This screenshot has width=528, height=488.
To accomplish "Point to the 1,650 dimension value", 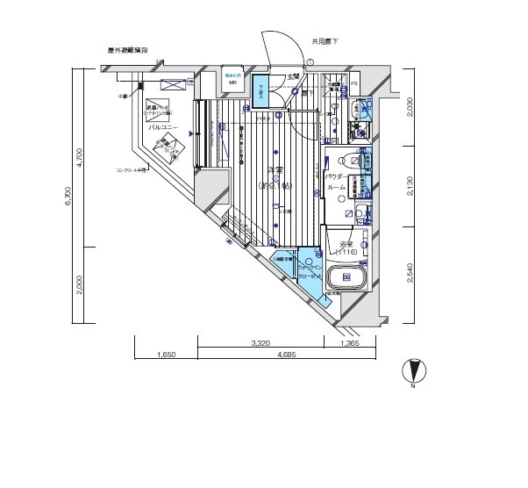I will [167, 355].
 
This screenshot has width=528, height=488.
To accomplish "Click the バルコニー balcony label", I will [163, 127].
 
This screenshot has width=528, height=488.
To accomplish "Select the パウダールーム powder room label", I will [337, 183].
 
